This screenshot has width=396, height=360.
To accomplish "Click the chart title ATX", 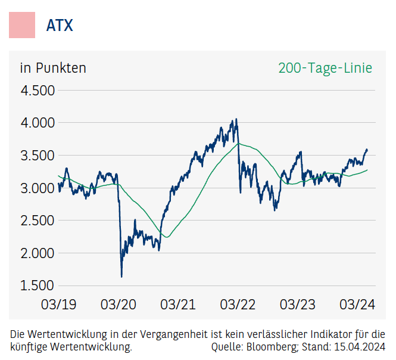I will tap(60, 26).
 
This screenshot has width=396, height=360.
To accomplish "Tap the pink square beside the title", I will tap(22, 25).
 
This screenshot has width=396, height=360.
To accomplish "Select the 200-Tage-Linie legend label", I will tap(325, 68).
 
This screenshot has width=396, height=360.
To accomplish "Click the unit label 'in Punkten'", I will tap(53, 68).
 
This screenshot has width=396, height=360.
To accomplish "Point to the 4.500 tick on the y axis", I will tap(38, 91).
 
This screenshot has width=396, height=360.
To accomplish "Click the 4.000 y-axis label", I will tap(38, 123).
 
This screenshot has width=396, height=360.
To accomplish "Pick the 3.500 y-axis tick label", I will tap(38, 156).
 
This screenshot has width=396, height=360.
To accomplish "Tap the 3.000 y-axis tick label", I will tap(38, 188).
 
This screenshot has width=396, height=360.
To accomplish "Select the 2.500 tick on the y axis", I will tap(38, 221).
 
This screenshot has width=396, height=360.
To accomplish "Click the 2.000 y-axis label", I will tap(38, 253).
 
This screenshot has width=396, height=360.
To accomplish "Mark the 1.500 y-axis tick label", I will tap(38, 285).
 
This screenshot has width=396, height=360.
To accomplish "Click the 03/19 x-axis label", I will tap(58, 305).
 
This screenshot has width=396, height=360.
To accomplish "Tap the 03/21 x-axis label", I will tap(178, 305).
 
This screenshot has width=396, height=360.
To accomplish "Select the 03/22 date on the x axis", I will tap(238, 305).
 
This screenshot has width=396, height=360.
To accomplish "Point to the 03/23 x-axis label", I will tap(297, 305).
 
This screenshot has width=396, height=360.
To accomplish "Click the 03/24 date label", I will tap(357, 305).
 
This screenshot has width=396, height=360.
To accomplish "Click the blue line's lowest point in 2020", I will tap(121, 277).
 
